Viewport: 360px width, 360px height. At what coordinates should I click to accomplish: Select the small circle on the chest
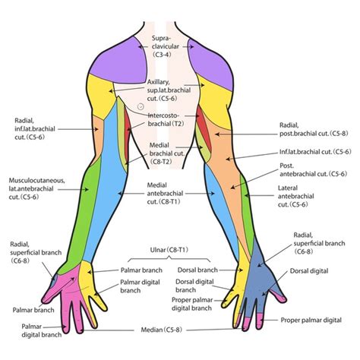pos(140,107)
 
